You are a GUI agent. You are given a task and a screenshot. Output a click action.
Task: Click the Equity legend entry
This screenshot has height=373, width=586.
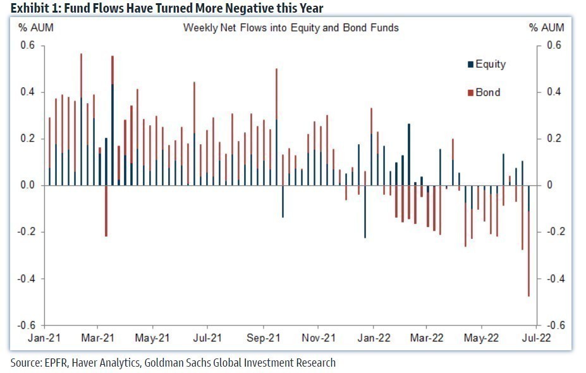click(490, 64)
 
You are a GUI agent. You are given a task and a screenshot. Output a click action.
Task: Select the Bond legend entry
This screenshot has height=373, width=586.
click(487, 92)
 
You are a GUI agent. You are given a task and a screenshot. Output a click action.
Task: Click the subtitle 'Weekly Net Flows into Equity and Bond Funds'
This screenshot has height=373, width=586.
click(291, 28)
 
